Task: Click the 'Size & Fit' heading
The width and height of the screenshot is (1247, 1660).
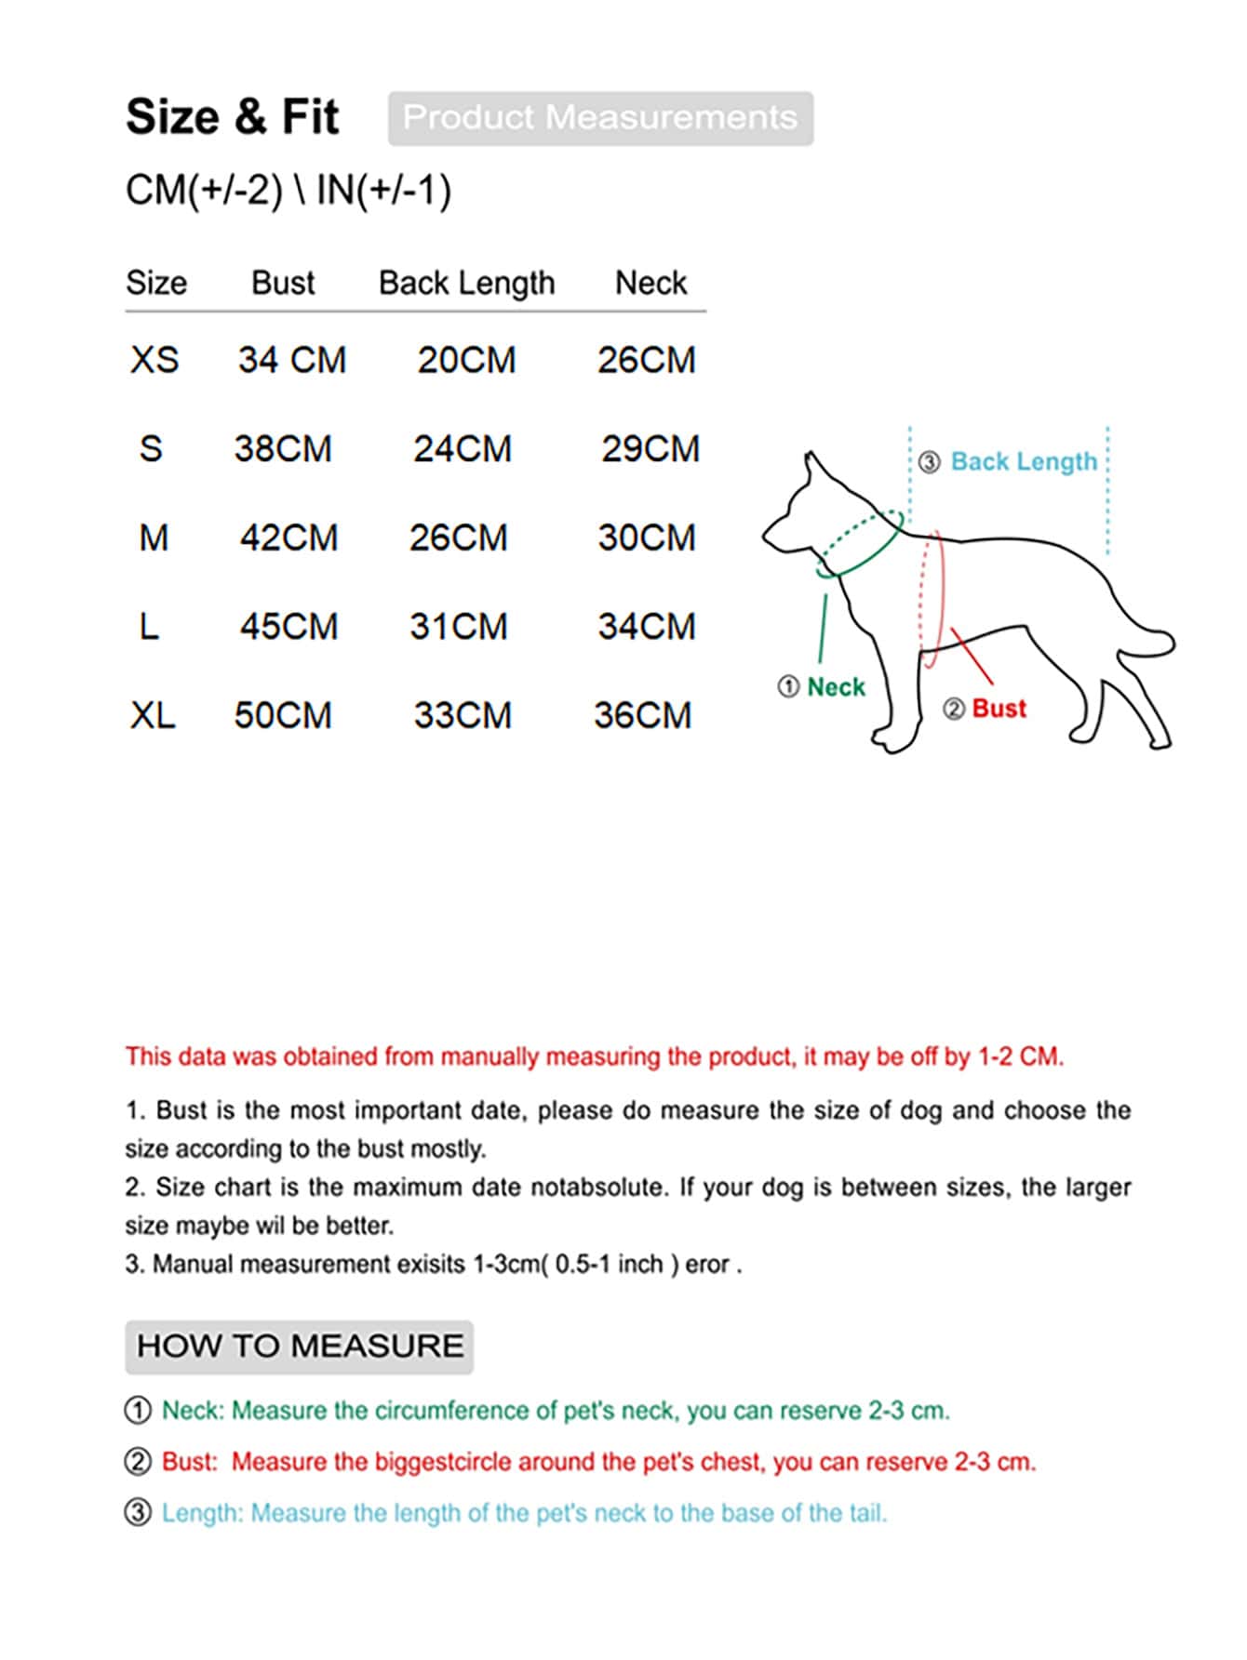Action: click(x=233, y=117)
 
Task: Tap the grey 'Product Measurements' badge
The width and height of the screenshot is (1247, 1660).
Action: click(x=600, y=118)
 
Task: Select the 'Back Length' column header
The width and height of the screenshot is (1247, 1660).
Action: click(x=466, y=283)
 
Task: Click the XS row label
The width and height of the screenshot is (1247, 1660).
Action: click(x=154, y=360)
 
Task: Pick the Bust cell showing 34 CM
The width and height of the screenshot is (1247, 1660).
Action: click(x=292, y=360)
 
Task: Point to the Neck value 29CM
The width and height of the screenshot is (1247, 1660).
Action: click(x=650, y=449)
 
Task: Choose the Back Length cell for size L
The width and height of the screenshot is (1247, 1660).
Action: click(x=459, y=627)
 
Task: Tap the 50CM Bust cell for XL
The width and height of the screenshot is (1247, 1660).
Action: click(x=283, y=715)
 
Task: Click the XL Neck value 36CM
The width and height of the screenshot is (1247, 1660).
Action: click(x=643, y=715)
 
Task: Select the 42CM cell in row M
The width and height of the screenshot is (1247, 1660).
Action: click(x=288, y=538)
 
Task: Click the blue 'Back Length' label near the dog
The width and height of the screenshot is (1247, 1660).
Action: click(x=1024, y=461)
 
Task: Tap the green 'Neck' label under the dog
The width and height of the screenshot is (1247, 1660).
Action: click(x=836, y=687)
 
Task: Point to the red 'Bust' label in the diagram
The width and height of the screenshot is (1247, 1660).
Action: click(x=999, y=709)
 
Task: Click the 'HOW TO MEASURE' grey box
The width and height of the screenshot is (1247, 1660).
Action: click(x=300, y=1347)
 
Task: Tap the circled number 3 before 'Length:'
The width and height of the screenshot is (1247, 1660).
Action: click(x=138, y=1513)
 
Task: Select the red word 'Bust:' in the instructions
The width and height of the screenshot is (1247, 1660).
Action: click(x=189, y=1462)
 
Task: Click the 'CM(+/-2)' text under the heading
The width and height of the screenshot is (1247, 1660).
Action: click(x=204, y=191)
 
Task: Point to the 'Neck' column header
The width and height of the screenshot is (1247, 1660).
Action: click(x=650, y=283)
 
